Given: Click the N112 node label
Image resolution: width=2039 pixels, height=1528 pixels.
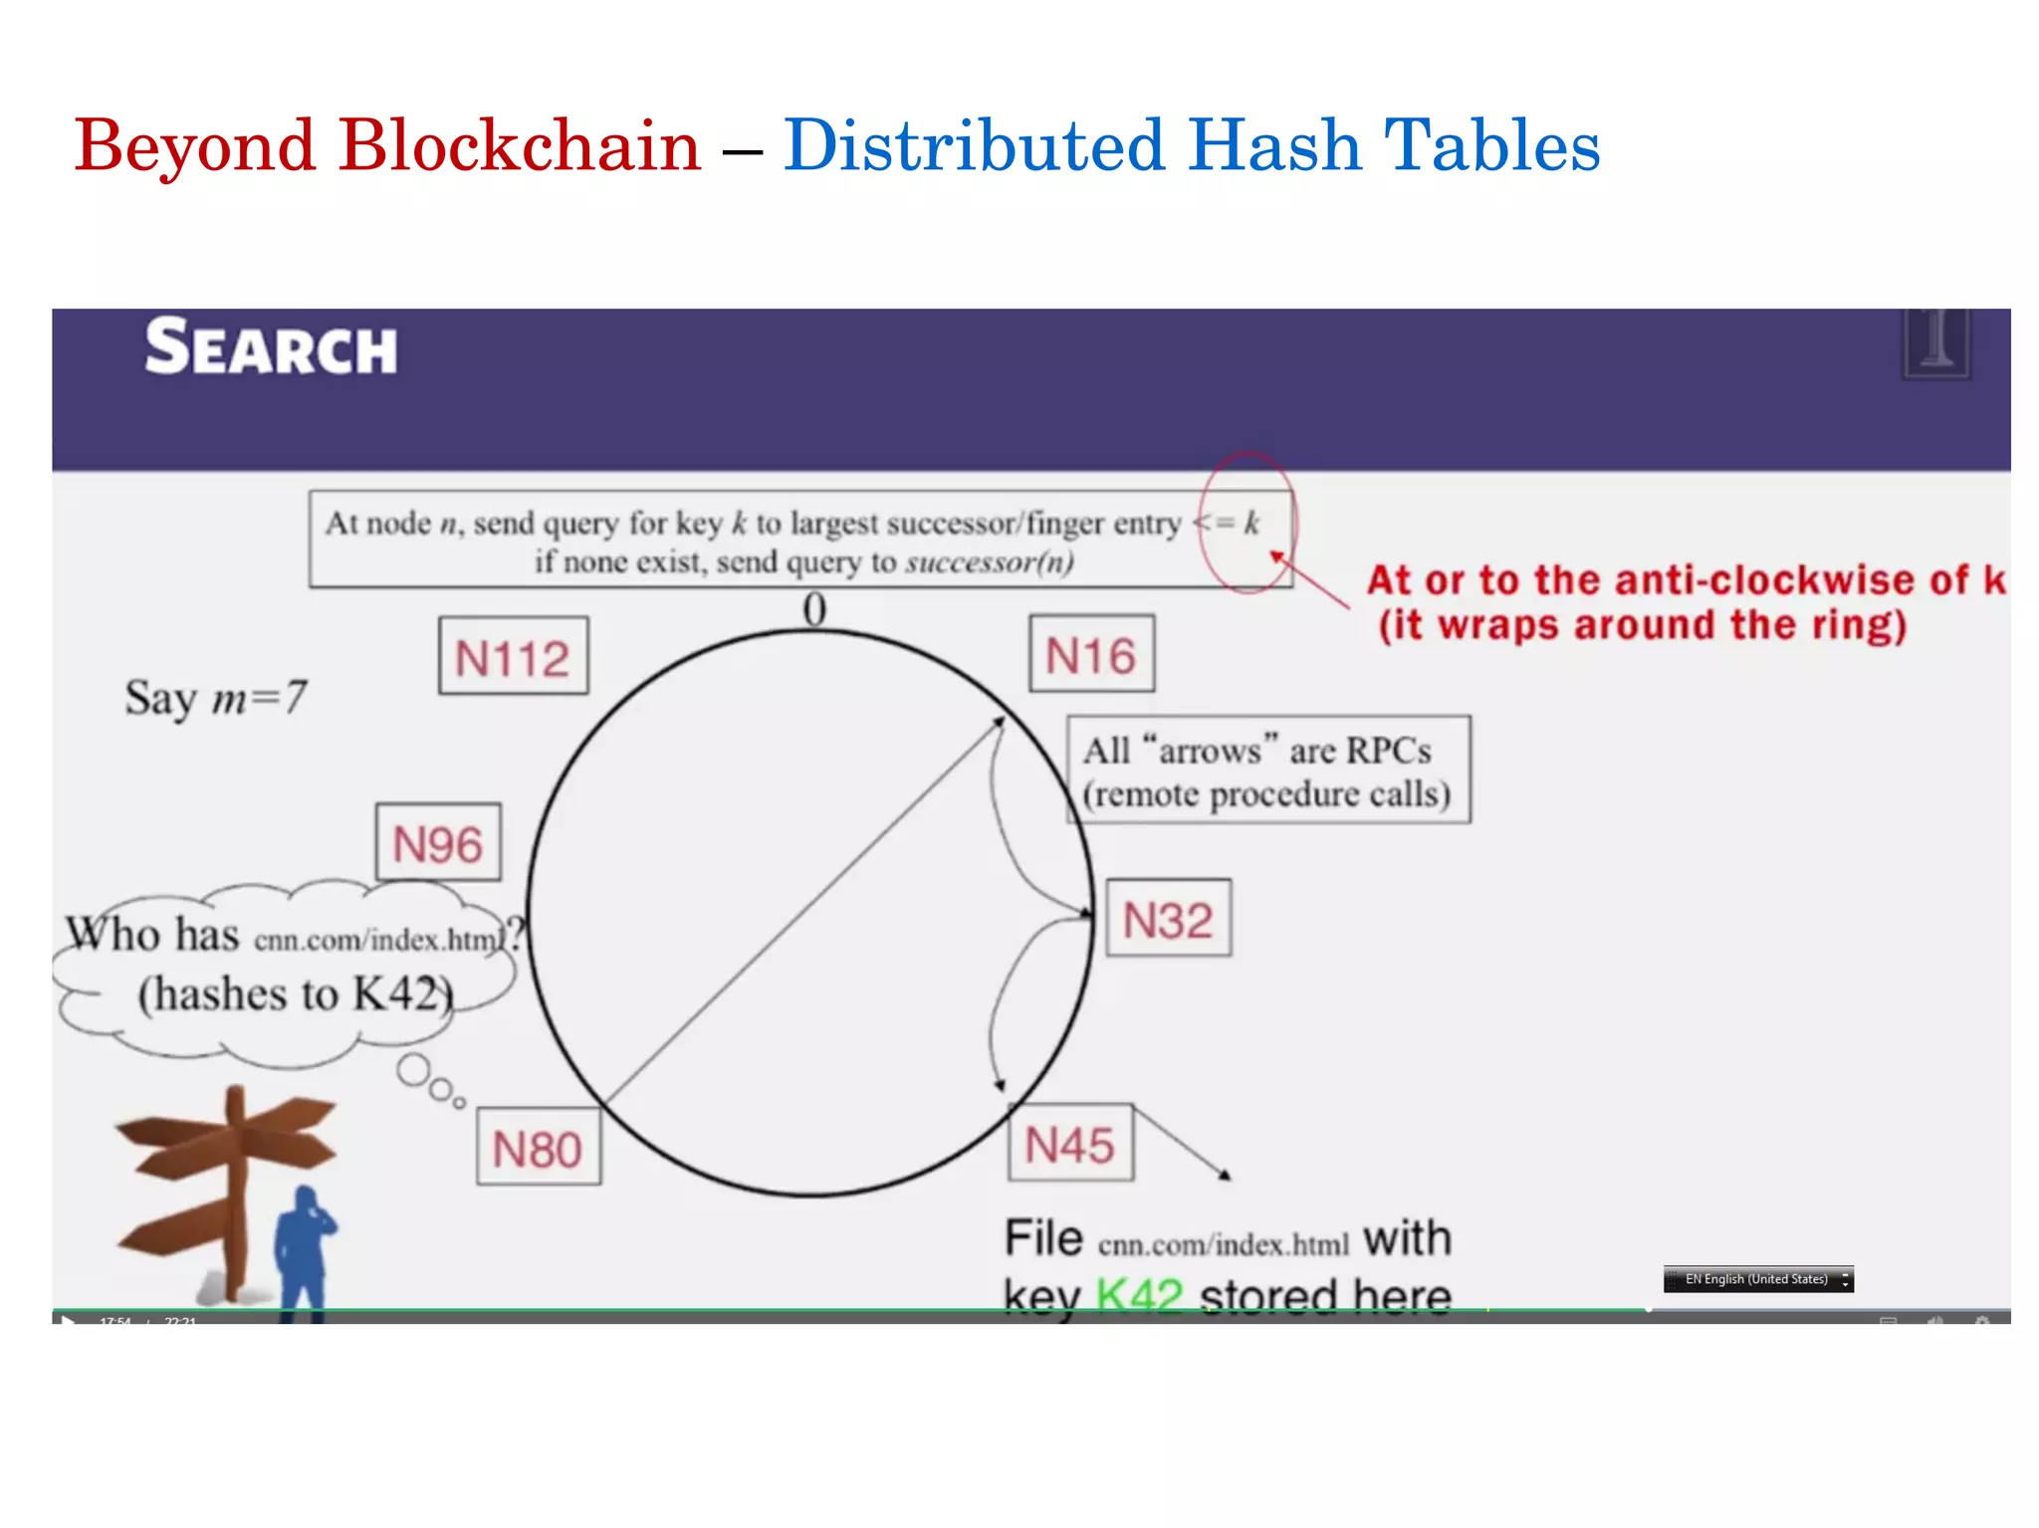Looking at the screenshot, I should (513, 657).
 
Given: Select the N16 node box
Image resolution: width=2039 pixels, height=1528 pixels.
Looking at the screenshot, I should (1091, 655).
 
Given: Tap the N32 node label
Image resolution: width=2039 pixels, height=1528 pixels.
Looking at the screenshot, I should (1168, 919).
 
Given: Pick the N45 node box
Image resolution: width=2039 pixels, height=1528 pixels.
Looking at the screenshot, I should (1070, 1144).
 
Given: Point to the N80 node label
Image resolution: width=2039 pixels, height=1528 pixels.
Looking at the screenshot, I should (538, 1149).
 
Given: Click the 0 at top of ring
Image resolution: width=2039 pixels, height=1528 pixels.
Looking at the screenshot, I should (814, 608).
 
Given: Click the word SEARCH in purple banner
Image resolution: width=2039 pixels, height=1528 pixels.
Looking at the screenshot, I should (271, 347).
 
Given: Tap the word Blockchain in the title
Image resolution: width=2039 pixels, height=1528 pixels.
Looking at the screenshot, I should (520, 145).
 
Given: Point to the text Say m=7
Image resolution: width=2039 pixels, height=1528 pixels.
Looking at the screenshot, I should (215, 698).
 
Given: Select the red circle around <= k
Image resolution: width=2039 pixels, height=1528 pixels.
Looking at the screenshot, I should (1246, 523).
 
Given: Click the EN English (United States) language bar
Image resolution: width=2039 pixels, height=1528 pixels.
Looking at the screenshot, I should (1757, 1279).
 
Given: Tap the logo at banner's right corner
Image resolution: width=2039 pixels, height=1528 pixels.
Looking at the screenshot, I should (1935, 343).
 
